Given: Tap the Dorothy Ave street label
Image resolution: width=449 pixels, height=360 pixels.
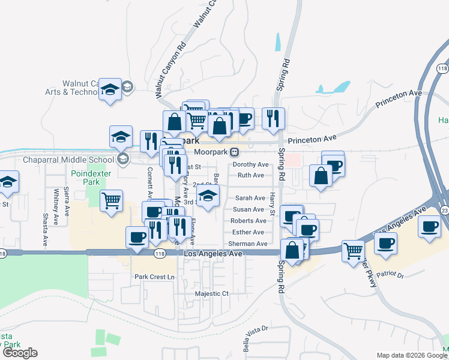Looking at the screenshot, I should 250,164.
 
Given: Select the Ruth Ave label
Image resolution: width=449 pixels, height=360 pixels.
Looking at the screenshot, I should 251,175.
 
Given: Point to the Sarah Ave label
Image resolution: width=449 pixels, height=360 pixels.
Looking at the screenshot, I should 250,198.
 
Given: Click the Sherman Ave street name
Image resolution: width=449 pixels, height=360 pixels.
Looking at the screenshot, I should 247,244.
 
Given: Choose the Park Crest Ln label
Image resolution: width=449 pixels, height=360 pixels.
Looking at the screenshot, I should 154,277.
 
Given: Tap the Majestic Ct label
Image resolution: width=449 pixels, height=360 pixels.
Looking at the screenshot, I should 212,294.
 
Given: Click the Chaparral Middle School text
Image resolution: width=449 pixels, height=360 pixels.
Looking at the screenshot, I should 68,160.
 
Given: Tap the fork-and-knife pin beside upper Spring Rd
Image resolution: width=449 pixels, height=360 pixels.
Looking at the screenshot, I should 273,119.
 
